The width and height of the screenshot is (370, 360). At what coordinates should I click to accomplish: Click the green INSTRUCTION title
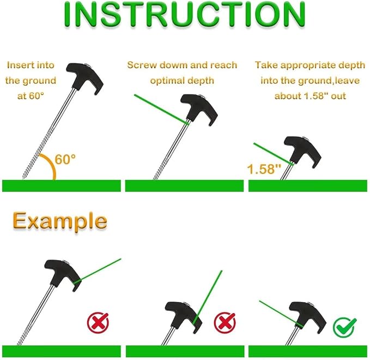click(184, 15)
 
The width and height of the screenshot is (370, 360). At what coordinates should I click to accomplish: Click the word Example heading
click(60, 221)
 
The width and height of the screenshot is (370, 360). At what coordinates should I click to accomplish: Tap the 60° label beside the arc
click(65, 159)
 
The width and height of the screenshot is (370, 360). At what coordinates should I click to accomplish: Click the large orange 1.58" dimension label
click(264, 169)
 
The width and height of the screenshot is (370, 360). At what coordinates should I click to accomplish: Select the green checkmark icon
click(344, 327)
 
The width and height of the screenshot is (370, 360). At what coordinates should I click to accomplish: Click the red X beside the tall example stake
click(98, 323)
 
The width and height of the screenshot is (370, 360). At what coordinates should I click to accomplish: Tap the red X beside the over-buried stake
click(225, 323)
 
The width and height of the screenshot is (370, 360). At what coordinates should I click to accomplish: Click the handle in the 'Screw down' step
click(199, 108)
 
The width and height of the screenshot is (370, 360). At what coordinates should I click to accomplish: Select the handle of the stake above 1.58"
click(302, 151)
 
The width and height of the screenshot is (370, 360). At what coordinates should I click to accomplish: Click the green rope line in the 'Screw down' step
click(162, 109)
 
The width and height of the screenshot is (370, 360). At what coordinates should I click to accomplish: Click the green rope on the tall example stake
click(97, 271)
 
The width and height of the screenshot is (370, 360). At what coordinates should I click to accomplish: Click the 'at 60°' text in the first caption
click(31, 96)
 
